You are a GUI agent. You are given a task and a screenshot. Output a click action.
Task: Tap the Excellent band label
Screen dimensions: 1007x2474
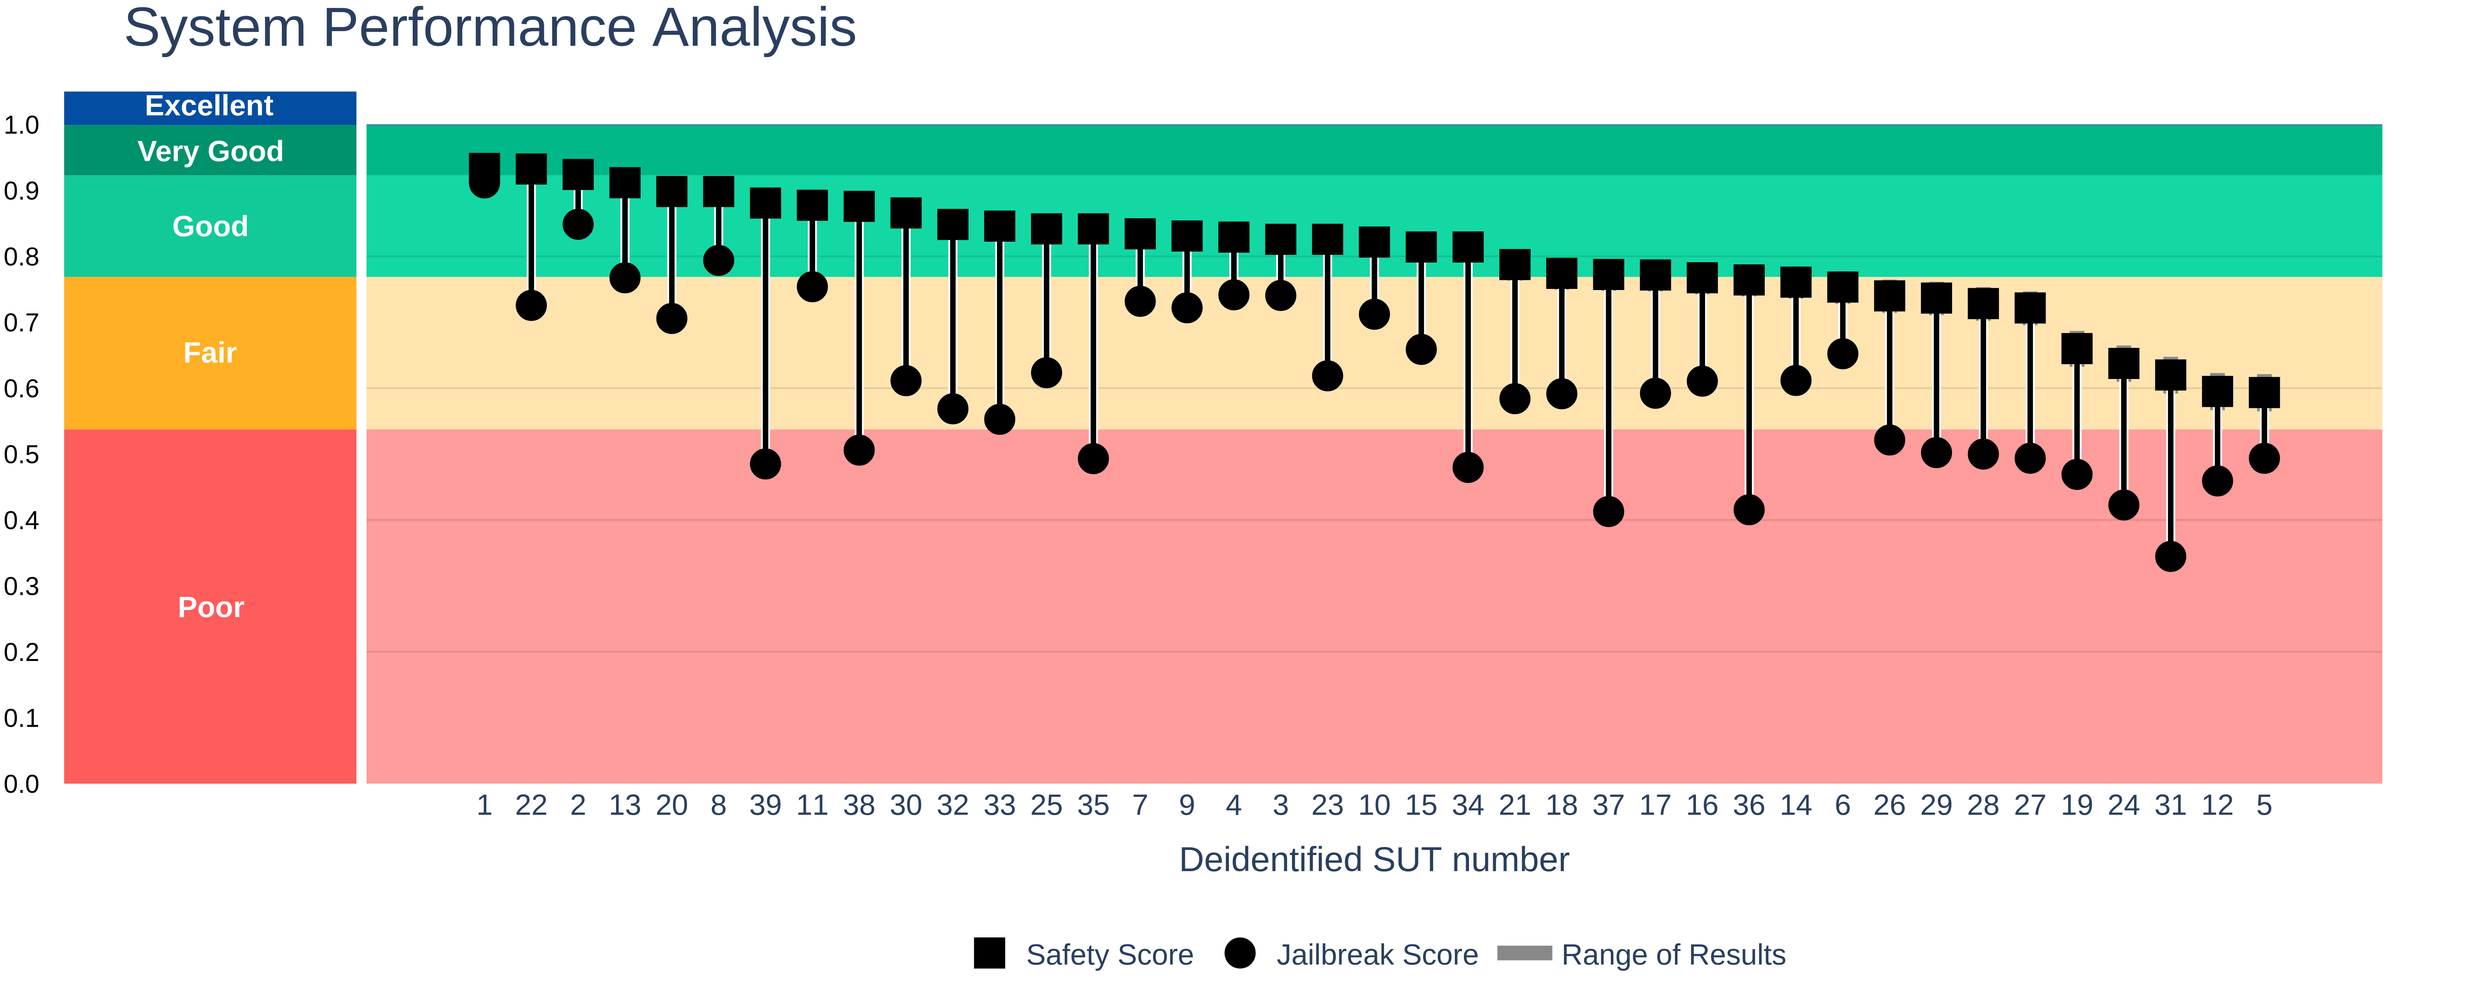[x=209, y=105]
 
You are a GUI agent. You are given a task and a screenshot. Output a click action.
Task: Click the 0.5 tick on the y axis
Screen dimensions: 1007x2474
[x=21, y=454]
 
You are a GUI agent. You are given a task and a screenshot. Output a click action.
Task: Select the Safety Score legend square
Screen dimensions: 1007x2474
[x=989, y=953]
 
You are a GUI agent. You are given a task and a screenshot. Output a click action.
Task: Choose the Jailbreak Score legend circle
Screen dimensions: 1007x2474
[x=1240, y=953]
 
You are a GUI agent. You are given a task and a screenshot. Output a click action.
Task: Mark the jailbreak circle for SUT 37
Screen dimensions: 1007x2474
[x=1609, y=512]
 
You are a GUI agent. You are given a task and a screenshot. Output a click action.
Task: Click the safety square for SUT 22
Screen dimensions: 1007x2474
[x=531, y=169]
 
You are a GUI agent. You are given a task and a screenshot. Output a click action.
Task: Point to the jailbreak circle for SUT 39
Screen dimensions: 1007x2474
[x=765, y=464]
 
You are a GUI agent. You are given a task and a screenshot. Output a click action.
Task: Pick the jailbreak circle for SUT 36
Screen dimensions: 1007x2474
[x=1749, y=510]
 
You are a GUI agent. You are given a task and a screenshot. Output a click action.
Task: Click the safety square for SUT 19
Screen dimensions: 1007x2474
[x=2076, y=349]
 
